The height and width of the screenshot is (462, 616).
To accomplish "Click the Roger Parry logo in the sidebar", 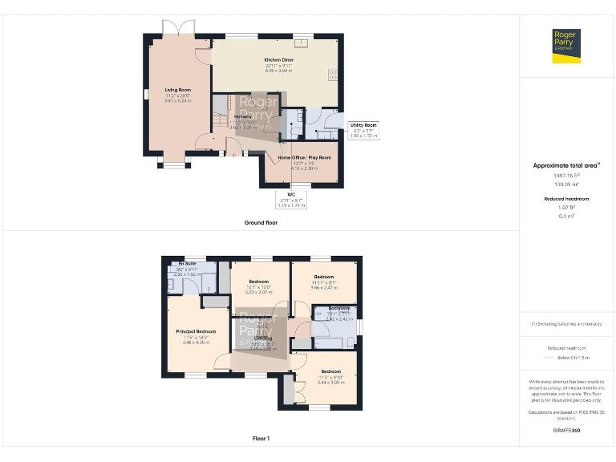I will (x=567, y=46).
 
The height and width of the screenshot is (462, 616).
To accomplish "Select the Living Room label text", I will (x=178, y=90).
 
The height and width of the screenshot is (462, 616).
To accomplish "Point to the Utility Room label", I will (x=363, y=125).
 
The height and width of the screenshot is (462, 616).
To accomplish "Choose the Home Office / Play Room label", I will (x=304, y=158).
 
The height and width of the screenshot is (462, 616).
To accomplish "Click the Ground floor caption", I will (x=261, y=222).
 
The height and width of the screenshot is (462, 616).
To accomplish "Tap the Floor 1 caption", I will (x=261, y=439).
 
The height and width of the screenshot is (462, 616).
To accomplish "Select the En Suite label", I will (x=188, y=262).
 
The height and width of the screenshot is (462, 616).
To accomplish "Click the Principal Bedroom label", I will (x=196, y=331).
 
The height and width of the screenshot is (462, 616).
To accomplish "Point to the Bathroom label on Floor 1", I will (x=338, y=307).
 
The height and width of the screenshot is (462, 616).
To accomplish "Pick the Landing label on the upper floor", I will (x=263, y=339).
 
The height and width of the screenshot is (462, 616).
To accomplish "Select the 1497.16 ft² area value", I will (x=566, y=175).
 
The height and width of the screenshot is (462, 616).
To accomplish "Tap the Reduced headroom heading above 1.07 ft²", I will (x=566, y=198).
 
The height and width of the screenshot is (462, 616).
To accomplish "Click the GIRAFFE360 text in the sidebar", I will (x=566, y=431).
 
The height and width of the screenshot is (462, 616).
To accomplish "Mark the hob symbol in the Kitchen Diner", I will (x=333, y=75).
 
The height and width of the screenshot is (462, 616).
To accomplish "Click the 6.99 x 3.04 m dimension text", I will (x=278, y=71).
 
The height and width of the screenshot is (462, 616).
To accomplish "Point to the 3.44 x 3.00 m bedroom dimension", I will (x=331, y=383).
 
